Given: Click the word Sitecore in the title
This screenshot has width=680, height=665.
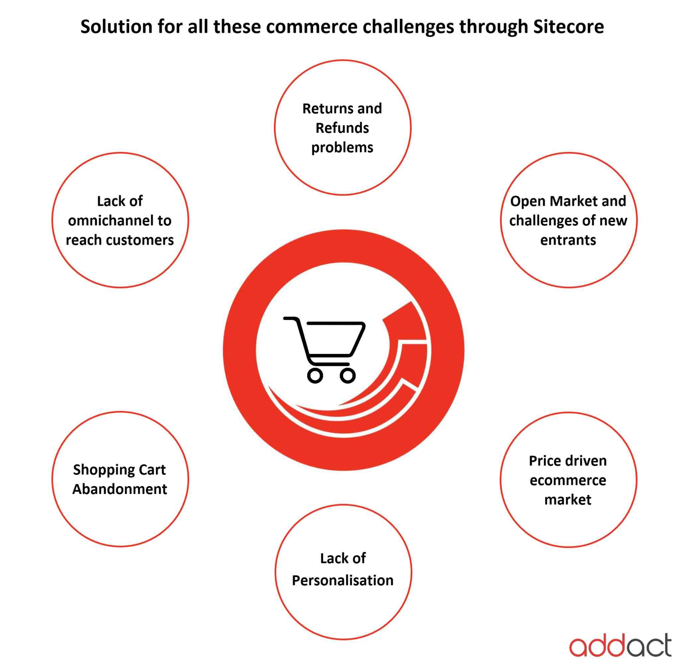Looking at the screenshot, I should [568, 27].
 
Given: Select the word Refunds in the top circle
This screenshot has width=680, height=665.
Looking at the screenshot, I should [342, 128].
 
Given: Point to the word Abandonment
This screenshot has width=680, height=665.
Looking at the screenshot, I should [120, 489].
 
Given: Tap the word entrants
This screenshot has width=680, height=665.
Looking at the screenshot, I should [568, 240].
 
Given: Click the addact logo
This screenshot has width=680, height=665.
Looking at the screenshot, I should [620, 646].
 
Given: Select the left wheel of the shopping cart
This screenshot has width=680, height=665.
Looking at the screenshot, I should [315, 375].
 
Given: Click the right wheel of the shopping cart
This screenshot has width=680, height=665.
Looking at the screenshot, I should [348, 375].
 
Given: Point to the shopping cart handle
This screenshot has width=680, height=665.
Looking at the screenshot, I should [291, 319].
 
